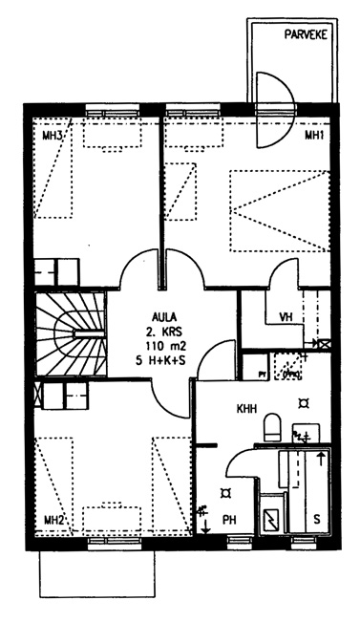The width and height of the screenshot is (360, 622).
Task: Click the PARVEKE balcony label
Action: point(306,34)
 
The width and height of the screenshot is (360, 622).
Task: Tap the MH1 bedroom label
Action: point(314,136)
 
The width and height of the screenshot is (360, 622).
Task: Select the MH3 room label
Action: point(52,136)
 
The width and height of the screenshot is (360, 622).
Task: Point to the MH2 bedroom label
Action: point(53,520)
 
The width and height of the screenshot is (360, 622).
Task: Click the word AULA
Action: point(163,317)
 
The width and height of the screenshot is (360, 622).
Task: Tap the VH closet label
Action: point(286,317)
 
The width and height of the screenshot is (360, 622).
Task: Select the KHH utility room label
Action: point(247,409)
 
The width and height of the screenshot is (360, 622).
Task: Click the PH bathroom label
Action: point(229,520)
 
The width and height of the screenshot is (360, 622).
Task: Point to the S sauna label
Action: point(317,520)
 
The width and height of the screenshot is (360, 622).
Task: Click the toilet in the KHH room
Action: point(272,427)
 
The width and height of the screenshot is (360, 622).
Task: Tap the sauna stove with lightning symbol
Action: point(273,521)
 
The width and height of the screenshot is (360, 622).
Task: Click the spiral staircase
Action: point(71,334)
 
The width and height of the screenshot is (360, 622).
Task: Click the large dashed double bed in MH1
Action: point(280,211)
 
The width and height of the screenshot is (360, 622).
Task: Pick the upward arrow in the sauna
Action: point(321,460)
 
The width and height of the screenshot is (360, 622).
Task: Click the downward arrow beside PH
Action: point(205,525)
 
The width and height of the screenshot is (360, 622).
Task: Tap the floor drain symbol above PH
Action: point(226,493)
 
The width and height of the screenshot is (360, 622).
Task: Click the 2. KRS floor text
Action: point(164,332)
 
